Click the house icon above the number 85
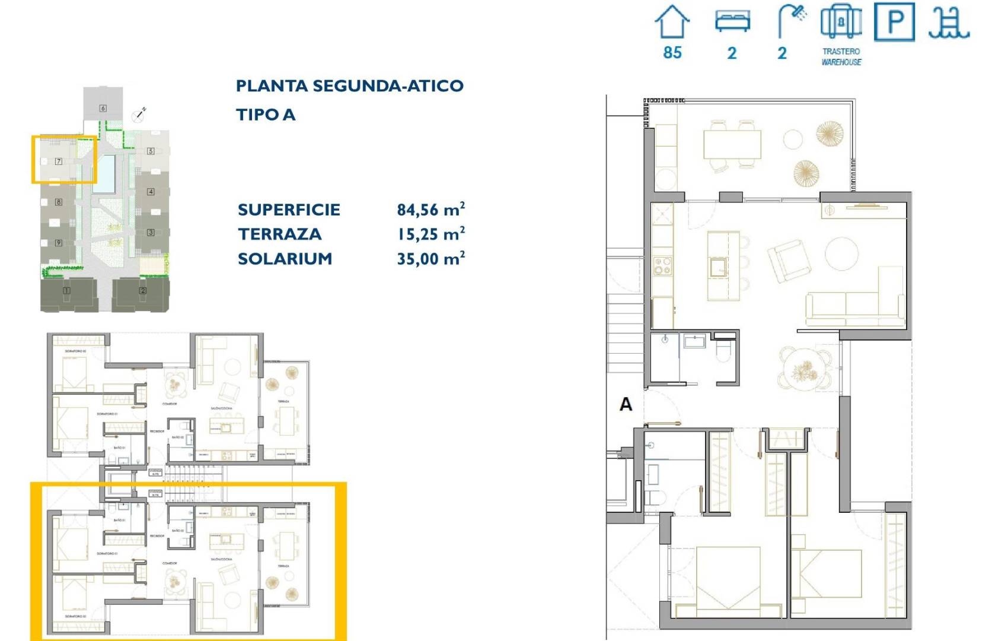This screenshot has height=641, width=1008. (x=672, y=22)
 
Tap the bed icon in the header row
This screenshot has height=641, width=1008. (x=732, y=22)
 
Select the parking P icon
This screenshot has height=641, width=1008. (x=895, y=22)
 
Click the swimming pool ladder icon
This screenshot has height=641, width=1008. (x=949, y=23)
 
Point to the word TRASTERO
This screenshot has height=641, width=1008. (x=841, y=52)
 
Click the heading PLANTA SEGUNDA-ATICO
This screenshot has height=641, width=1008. (x=349, y=86)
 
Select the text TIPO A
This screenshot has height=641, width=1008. (x=265, y=115)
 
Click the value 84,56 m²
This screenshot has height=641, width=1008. (x=430, y=210)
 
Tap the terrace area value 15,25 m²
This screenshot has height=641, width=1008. (x=430, y=234)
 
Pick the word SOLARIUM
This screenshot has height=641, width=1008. (x=285, y=259)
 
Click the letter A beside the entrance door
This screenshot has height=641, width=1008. (x=626, y=405)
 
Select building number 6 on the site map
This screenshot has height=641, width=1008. (x=103, y=108)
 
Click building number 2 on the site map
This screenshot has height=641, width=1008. (x=142, y=290)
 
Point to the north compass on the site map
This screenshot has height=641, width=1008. (x=139, y=115)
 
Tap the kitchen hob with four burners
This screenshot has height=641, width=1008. (x=662, y=265)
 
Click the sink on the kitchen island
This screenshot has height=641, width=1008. (x=719, y=267)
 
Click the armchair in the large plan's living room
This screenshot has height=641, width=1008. (x=788, y=260)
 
